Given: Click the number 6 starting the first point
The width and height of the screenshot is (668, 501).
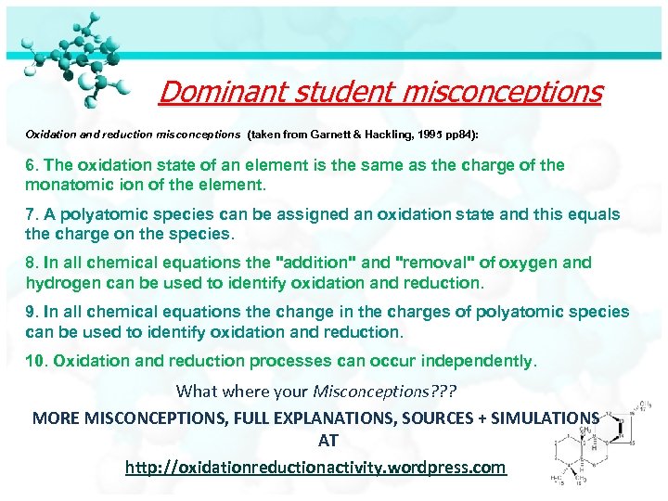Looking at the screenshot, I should point(31,165).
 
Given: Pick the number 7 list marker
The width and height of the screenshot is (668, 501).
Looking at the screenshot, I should point(31,214).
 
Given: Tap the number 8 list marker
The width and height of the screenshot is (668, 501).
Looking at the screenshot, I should point(31,263).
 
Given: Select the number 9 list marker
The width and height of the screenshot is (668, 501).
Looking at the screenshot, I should point(31,312).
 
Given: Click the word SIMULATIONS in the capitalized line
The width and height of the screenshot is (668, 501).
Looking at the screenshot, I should point(544,417).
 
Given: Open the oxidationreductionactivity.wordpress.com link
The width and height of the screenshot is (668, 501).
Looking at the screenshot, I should point(316,467).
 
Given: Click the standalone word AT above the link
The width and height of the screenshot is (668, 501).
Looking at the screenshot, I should point(328,442).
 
